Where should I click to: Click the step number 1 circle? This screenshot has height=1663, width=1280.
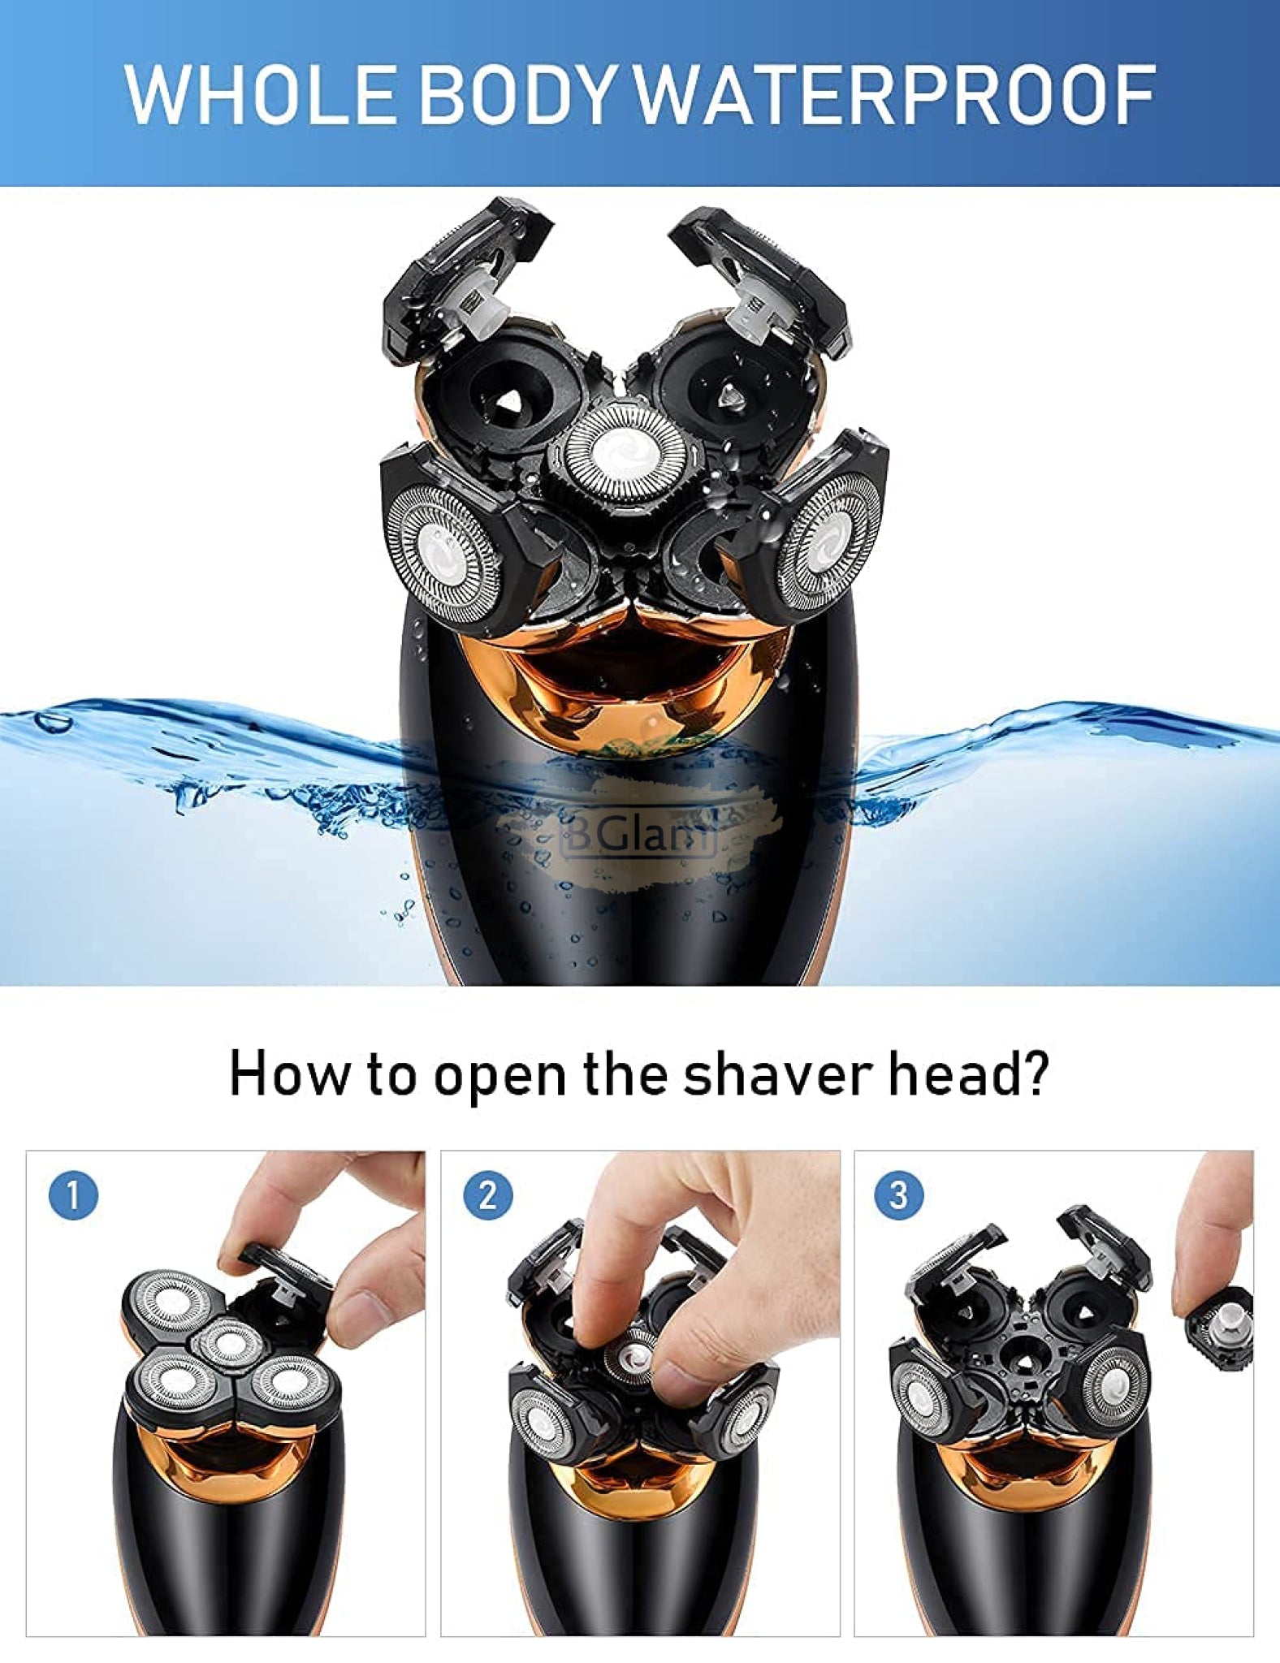[73, 1195]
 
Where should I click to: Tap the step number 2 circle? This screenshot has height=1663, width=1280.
[487, 1195]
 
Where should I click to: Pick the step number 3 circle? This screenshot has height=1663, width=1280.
[898, 1195]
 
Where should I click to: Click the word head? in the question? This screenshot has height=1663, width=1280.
[969, 1074]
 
